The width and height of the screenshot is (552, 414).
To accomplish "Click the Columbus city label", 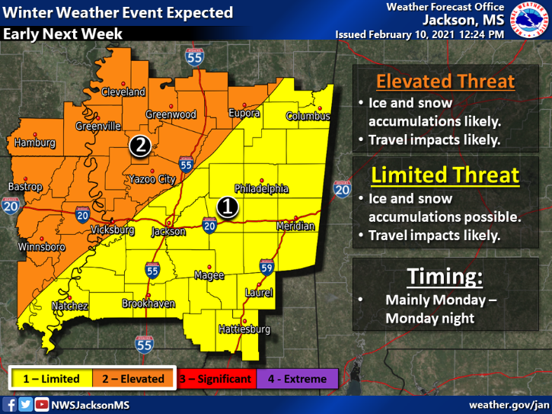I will (308, 117).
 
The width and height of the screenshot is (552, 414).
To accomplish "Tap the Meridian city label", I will (295, 226).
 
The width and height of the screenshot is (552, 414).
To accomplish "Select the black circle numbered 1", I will (227, 206).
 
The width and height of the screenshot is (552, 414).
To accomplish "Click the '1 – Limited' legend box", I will (51, 378).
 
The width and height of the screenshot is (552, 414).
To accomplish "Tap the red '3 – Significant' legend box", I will (215, 378).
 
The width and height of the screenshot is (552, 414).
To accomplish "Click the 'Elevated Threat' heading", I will (445, 81).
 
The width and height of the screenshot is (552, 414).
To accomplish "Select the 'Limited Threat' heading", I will (445, 175).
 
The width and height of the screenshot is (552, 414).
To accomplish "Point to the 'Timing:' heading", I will (445, 274).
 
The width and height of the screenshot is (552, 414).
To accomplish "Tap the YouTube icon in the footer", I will (41, 404).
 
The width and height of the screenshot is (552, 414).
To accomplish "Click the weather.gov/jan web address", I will (509, 404).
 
